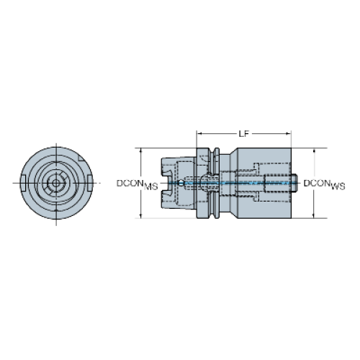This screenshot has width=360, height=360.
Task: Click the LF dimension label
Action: tap(243, 134)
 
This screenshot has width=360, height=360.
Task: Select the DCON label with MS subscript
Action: tap(137, 184)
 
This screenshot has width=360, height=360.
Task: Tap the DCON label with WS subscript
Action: tap(324, 184)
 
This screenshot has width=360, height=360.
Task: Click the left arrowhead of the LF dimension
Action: tap(199, 134)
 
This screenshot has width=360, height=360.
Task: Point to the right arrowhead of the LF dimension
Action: tap(289, 134)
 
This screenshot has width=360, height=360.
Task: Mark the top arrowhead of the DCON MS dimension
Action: tap(141, 150)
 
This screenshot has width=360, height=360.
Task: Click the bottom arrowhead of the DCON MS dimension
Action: tap(141, 216)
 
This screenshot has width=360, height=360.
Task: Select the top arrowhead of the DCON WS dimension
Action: tap(314, 150)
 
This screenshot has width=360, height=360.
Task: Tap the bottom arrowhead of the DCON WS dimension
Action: tap(314, 216)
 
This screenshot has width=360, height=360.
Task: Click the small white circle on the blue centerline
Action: tap(181, 183)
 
